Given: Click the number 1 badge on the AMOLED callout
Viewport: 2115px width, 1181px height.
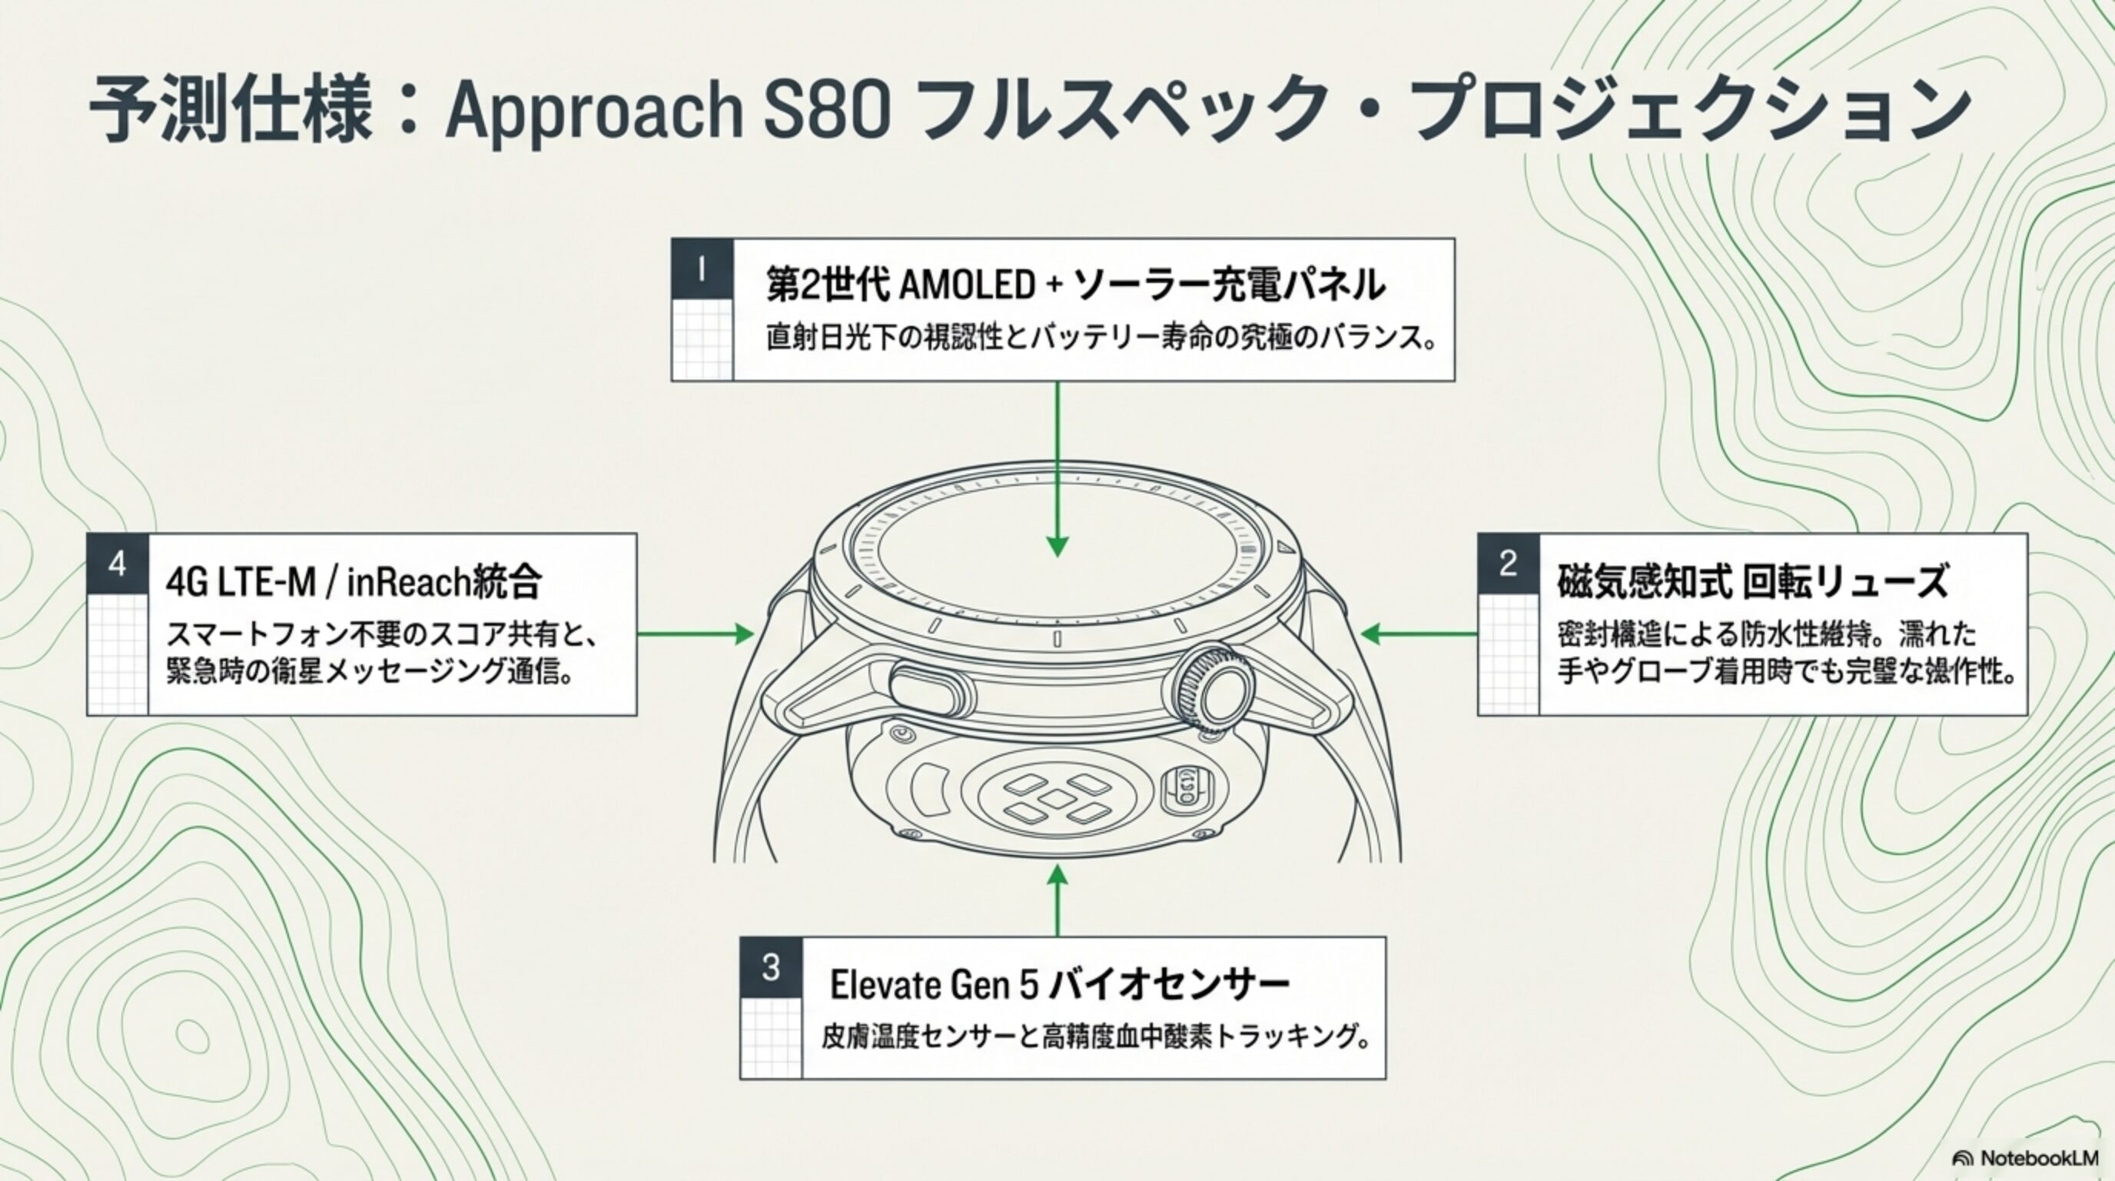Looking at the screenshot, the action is (701, 268).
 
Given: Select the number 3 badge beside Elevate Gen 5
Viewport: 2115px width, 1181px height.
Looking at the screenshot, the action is (770, 966).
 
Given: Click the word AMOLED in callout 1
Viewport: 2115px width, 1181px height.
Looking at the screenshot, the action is (966, 286).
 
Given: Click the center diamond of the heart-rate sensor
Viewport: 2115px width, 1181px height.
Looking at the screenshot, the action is (1057, 798).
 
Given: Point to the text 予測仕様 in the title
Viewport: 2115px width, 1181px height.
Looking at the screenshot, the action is (230, 110).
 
